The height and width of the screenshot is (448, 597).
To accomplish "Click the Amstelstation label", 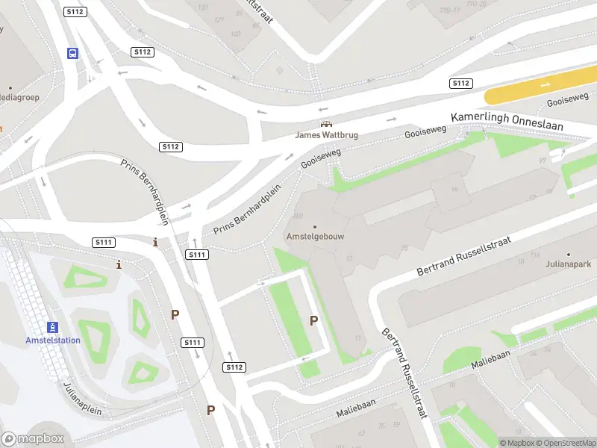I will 53,340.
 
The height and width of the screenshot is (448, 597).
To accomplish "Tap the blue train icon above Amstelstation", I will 53,327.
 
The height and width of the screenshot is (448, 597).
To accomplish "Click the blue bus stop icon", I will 73,53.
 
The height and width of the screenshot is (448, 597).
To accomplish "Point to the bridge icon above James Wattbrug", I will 325,124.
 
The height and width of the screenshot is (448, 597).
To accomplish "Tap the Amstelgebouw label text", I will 314,237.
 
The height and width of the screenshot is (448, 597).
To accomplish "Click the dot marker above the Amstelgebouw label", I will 314,226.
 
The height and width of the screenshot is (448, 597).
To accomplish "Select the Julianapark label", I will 568,264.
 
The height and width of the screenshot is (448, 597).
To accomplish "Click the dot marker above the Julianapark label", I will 568,254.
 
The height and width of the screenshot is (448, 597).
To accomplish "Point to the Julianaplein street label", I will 83,399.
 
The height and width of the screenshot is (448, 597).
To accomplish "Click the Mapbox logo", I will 31,439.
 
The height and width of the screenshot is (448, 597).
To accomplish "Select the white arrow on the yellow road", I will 546,85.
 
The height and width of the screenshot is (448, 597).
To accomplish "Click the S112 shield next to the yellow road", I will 460,83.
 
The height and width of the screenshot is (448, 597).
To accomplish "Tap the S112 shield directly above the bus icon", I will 75,12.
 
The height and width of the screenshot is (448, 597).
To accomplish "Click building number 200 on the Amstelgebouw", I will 298,216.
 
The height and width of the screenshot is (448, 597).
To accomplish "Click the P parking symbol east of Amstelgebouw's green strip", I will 314,320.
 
